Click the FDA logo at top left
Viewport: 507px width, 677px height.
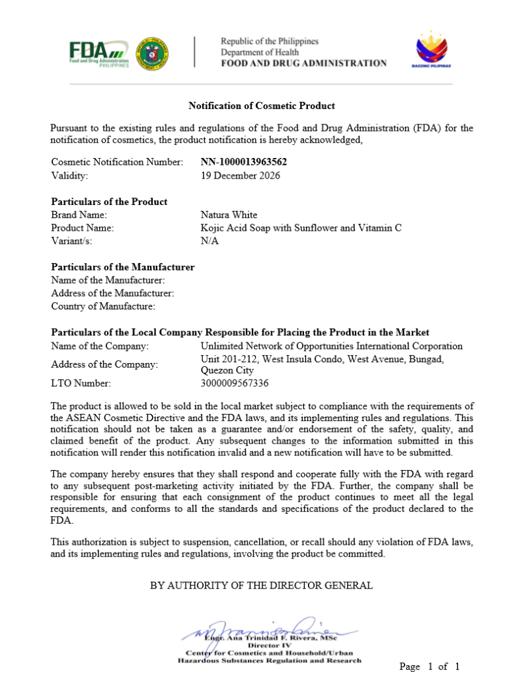(x=98, y=52)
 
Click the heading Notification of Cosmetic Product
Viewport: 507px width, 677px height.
(x=262, y=106)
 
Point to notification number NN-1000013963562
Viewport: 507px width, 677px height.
(x=244, y=162)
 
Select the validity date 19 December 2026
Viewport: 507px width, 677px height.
(x=240, y=176)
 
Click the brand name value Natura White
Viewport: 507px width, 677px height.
(x=229, y=215)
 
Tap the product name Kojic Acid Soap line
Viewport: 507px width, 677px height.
(x=301, y=228)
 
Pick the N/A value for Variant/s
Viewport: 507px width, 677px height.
(x=209, y=241)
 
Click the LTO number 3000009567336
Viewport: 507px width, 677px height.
(x=235, y=383)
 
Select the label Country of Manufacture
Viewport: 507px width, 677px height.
(x=103, y=306)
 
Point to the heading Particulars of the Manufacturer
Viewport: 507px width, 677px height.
(x=123, y=267)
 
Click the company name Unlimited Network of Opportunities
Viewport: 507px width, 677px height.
(x=331, y=346)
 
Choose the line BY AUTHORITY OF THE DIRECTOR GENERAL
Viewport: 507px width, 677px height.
(x=261, y=585)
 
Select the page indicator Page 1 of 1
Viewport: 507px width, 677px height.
(x=429, y=666)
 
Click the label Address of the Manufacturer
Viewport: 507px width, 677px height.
(x=112, y=293)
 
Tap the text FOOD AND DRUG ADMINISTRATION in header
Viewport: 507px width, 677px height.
(x=303, y=63)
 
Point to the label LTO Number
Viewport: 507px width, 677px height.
(x=81, y=383)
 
